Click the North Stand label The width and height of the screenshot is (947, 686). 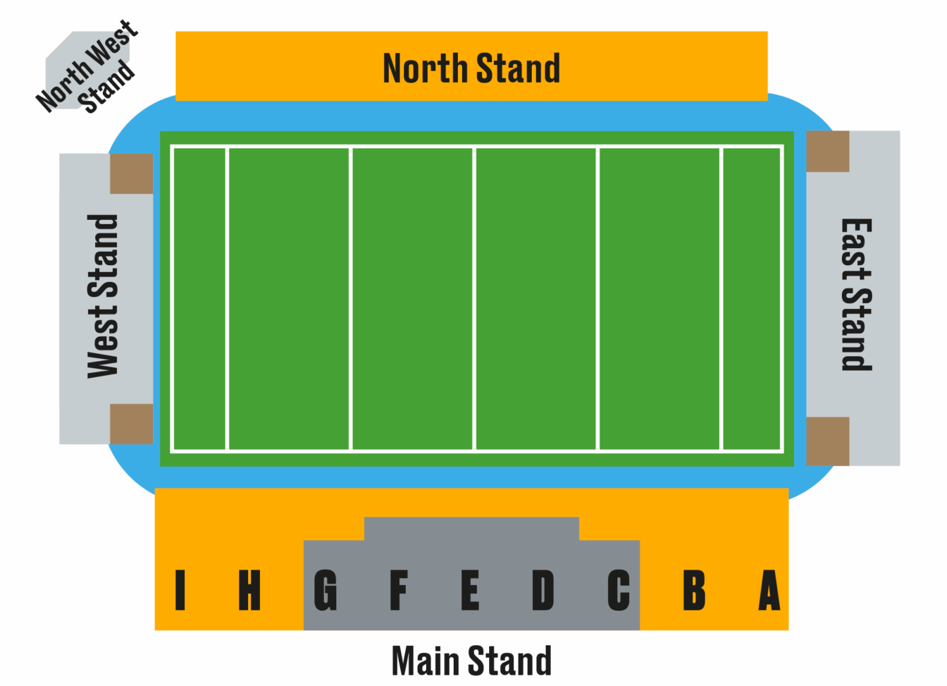coord(471,68)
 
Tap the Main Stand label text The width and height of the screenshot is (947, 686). coord(471,661)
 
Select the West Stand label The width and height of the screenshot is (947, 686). coord(102,297)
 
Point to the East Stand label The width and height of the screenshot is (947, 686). coord(857,295)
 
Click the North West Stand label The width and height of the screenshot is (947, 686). coord(87,67)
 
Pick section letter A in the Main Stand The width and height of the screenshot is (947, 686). coord(769,590)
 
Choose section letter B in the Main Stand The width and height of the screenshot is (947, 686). coord(694,590)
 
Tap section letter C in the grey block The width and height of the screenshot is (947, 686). coord(619,590)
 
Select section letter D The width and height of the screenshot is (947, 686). coord(543,590)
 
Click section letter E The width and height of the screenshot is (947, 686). coord(470,590)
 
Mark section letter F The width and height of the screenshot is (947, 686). coord(399,590)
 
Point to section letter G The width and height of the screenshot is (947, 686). coord(325,590)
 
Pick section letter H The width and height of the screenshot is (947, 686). coord(249,590)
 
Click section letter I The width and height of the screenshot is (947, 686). coord(180,590)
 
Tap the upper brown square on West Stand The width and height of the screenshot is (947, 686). coord(132,173)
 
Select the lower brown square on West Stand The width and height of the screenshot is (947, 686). coord(132,424)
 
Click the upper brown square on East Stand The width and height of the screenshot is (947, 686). coord(828,152)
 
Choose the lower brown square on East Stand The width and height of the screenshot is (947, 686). coord(828,441)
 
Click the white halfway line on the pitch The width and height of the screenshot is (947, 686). coord(474,299)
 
